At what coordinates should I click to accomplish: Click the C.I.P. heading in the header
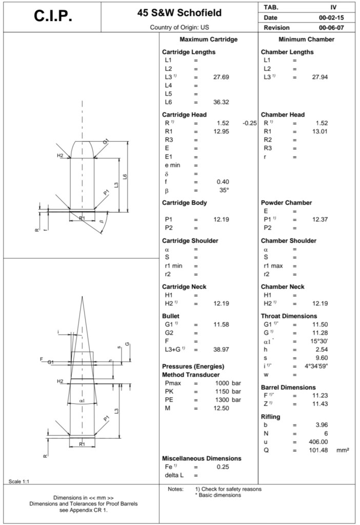coord(53,16)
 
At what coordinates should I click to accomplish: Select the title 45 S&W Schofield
coord(179,13)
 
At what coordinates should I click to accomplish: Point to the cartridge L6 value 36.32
coord(221,102)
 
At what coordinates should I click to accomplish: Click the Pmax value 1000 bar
coord(228,383)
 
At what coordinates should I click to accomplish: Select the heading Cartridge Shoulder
coord(190,240)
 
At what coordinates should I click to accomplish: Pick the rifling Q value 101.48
coord(319,450)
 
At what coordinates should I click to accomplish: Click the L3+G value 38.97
coord(221,349)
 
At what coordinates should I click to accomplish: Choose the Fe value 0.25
coord(222,467)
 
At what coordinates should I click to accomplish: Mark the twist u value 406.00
coord(318,441)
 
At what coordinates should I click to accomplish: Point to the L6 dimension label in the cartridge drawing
coord(125,177)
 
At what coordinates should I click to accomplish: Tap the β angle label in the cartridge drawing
coord(101,221)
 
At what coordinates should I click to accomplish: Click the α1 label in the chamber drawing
coord(82,400)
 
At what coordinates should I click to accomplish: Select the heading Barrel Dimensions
coord(288,387)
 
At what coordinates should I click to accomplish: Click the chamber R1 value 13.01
coord(319,131)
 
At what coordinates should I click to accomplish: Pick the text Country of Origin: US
coord(180,27)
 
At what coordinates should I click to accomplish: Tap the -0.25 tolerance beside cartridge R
coord(249,123)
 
